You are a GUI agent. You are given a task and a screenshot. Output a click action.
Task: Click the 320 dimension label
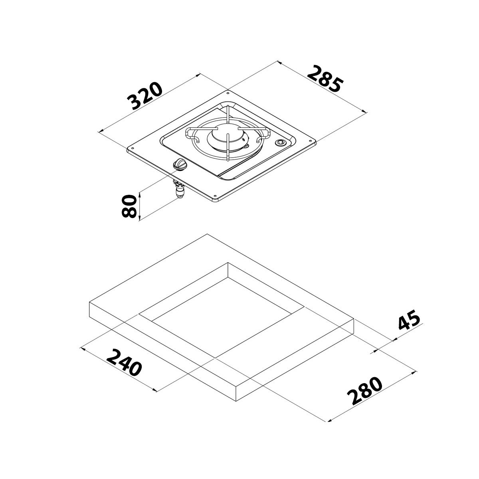pyautogui.click(x=145, y=96)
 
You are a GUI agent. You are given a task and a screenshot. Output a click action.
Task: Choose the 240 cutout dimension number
pyautogui.click(x=125, y=362)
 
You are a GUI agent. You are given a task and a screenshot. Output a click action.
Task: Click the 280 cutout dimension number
pyautogui.click(x=364, y=392)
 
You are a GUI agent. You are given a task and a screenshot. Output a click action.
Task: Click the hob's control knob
pyautogui.click(x=179, y=164)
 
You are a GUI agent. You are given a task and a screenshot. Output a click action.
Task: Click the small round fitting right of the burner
pyautogui.click(x=281, y=143)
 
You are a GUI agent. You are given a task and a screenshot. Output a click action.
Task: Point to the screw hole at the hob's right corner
pyautogui.click(x=310, y=140)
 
